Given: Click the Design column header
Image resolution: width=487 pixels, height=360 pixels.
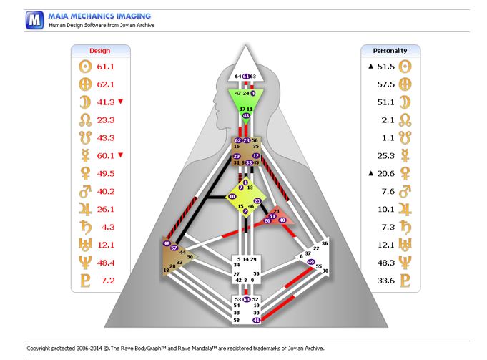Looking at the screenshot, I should click(99, 51).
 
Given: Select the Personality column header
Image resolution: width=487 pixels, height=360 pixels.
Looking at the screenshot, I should click(390, 51).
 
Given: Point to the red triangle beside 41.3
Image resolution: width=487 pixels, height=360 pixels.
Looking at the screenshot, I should click(119, 101).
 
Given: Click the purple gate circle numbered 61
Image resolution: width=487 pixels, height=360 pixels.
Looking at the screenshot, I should click(245, 76).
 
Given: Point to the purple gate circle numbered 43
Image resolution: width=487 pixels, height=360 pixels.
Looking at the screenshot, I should click(246, 115).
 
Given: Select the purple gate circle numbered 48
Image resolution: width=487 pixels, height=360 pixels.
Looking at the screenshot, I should click(167, 244).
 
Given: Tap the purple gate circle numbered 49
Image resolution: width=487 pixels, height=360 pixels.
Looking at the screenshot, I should click(310, 261).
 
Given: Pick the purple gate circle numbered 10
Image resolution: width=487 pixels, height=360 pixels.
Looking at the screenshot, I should click(232, 196).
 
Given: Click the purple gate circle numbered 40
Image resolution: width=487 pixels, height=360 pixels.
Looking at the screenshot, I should click(282, 220).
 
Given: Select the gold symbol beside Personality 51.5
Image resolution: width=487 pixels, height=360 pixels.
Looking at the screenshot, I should click(406, 67).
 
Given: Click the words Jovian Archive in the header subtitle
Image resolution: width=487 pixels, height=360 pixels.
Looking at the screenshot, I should click(136, 25).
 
